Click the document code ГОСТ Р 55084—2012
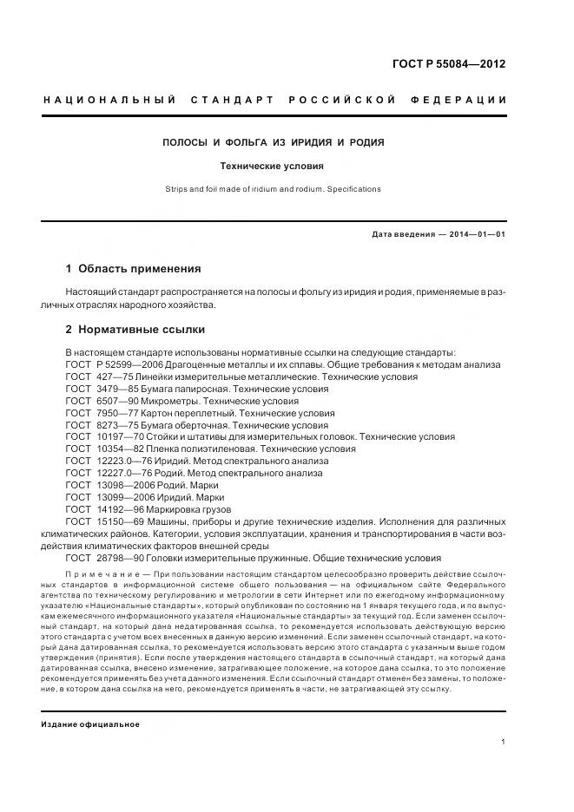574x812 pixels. (x=450, y=63)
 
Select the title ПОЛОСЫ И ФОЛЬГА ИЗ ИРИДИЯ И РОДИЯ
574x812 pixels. (x=274, y=141)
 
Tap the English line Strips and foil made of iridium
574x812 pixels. (x=274, y=188)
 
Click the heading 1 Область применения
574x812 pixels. (x=133, y=268)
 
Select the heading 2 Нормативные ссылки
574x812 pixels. (x=135, y=330)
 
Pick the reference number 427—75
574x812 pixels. (x=115, y=377)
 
